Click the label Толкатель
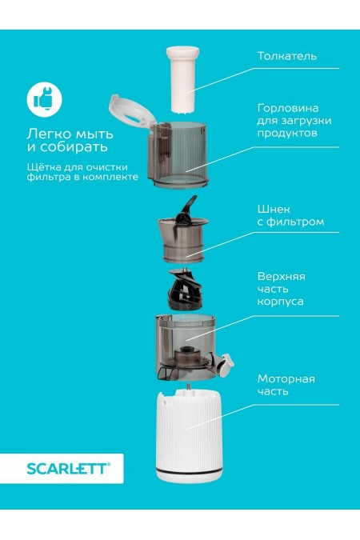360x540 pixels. click(286, 57)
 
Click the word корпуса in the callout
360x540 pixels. click(280, 302)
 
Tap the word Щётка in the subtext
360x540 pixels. click(44, 166)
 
